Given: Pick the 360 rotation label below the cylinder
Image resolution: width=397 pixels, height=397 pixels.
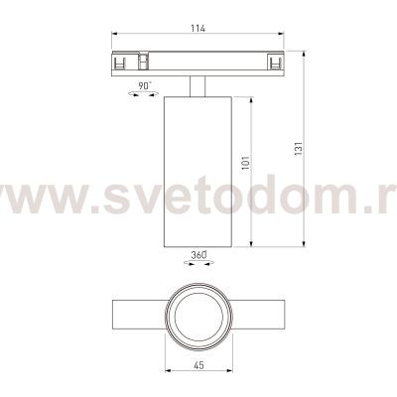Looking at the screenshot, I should pos(198,256).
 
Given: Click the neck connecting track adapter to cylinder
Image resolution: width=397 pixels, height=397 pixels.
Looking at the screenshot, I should pos(197,87).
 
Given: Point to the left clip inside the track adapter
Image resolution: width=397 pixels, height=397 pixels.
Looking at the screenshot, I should pos(123,62).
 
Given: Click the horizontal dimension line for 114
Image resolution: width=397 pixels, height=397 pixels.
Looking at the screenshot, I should pos(159,36).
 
